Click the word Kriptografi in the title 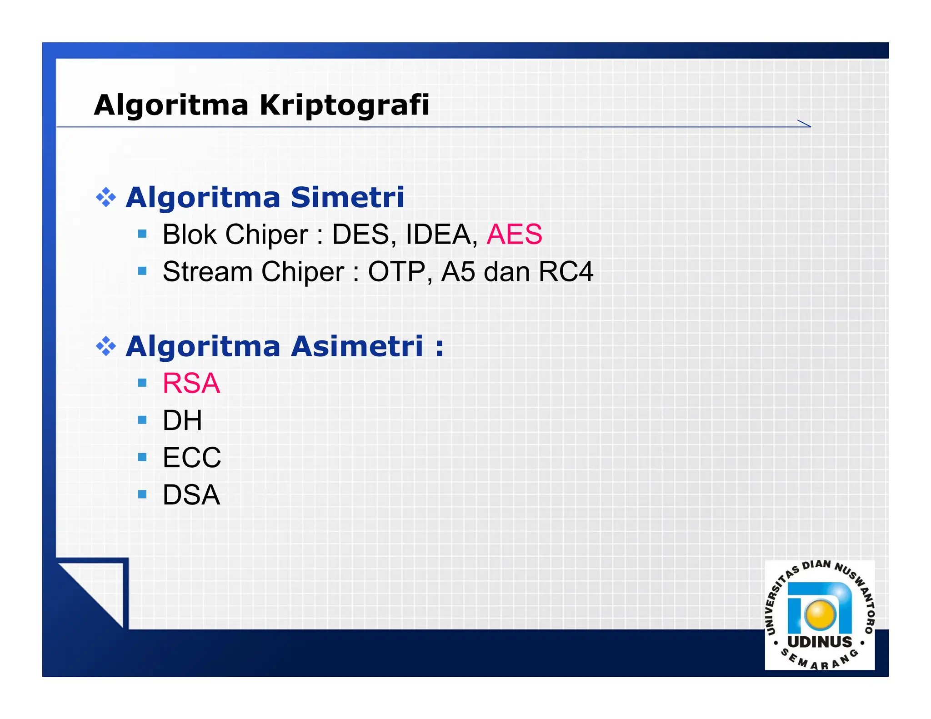click(344, 105)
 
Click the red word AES click(514, 235)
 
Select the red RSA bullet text click(191, 383)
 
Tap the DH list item click(182, 420)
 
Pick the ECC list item click(192, 457)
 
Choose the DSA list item click(191, 494)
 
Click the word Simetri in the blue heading click(347, 198)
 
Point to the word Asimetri click(357, 346)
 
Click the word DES click(361, 235)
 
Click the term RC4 click(566, 272)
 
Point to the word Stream click(207, 272)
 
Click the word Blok click(190, 235)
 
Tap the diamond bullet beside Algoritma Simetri click(106, 198)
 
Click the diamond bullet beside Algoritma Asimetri click(106, 346)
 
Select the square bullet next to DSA click(142, 494)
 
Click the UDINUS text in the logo click(820, 642)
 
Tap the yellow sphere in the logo click(820, 614)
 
